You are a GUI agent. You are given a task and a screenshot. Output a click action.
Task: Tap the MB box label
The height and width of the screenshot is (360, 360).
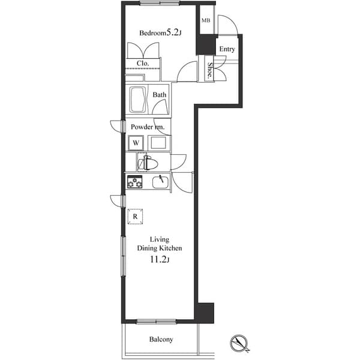point(206,21)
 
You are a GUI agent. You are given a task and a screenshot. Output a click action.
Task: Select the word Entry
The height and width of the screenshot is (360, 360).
point(227,49)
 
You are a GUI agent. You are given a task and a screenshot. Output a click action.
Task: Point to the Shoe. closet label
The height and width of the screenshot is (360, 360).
point(211,71)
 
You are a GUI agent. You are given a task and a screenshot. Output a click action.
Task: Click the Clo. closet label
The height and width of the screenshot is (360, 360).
point(143,63)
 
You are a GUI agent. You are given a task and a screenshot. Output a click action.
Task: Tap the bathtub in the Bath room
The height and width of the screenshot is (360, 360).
point(137,99)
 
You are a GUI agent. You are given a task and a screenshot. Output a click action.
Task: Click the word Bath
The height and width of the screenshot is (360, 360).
point(159,95)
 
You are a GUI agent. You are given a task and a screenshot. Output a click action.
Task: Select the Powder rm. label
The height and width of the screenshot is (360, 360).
point(148,127)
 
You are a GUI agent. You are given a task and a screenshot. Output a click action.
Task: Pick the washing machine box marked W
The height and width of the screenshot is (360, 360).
point(136,143)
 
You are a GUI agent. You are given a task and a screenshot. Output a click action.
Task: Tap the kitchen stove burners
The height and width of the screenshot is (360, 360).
point(134,182)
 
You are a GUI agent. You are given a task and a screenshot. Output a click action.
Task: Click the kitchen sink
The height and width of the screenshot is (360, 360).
point(160,182)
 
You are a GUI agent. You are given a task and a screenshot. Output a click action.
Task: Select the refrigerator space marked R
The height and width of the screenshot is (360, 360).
point(136,216)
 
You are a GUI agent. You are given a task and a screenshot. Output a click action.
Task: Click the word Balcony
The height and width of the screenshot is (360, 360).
point(161,340)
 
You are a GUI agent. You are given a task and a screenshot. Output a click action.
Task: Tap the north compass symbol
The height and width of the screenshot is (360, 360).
point(242,343)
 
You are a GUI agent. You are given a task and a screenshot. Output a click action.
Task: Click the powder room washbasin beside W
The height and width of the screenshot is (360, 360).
point(158,143)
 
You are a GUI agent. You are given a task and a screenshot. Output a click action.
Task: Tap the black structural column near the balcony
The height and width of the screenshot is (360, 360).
point(205,311)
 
